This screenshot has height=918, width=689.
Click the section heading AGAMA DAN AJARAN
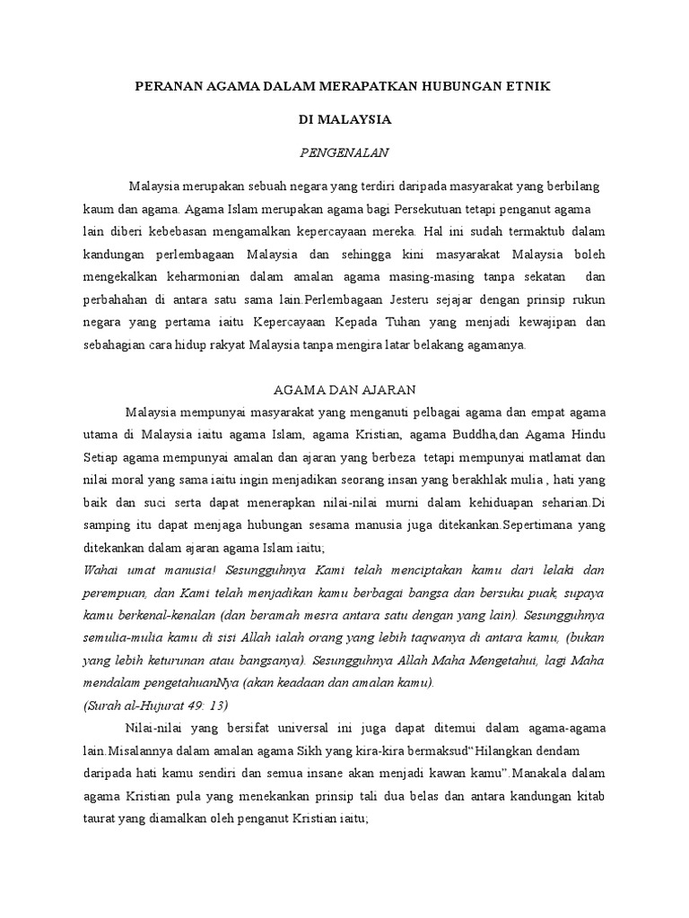click(344, 389)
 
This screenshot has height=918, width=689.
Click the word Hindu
click(588, 435)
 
